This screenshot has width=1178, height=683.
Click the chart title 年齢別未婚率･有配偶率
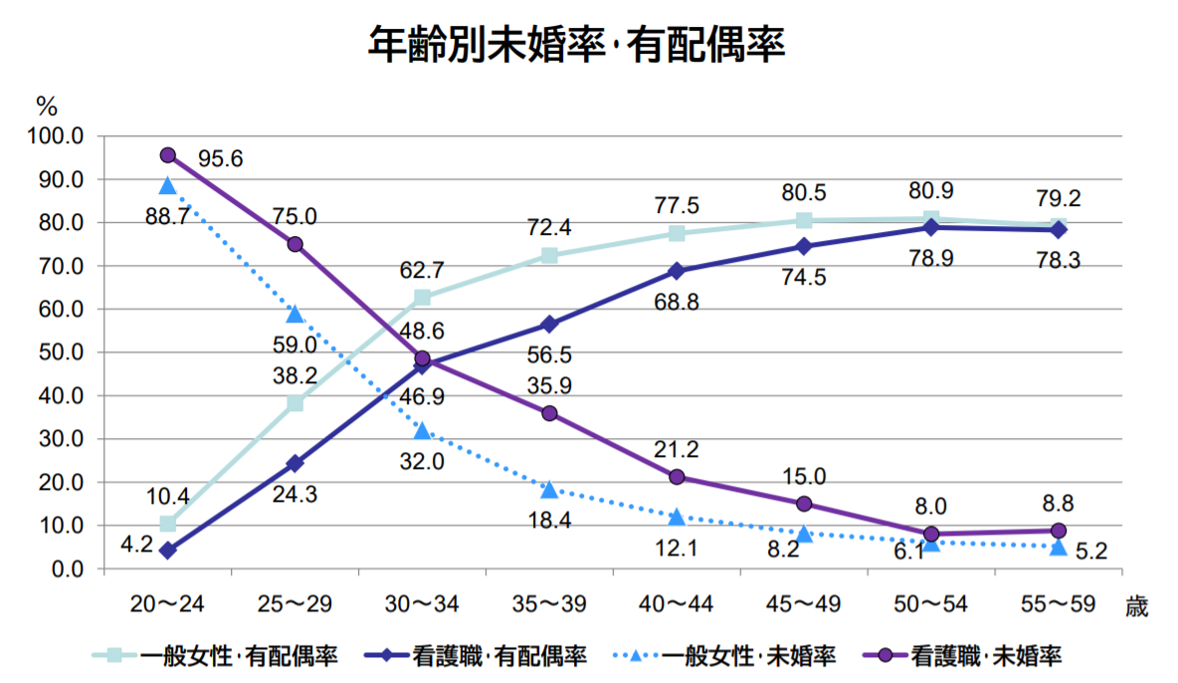click(577, 45)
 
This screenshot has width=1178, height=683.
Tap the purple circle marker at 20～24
click(167, 155)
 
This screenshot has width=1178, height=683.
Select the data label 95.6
click(221, 157)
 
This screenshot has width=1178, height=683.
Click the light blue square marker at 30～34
click(422, 298)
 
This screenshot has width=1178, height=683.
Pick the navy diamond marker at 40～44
click(677, 271)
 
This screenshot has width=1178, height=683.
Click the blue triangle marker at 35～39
click(549, 489)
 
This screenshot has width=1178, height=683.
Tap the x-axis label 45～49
click(804, 603)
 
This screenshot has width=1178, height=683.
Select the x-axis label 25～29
click(294, 603)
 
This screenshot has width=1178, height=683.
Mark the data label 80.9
click(931, 190)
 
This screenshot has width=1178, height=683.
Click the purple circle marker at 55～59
click(1059, 531)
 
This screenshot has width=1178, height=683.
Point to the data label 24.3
click(294, 493)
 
